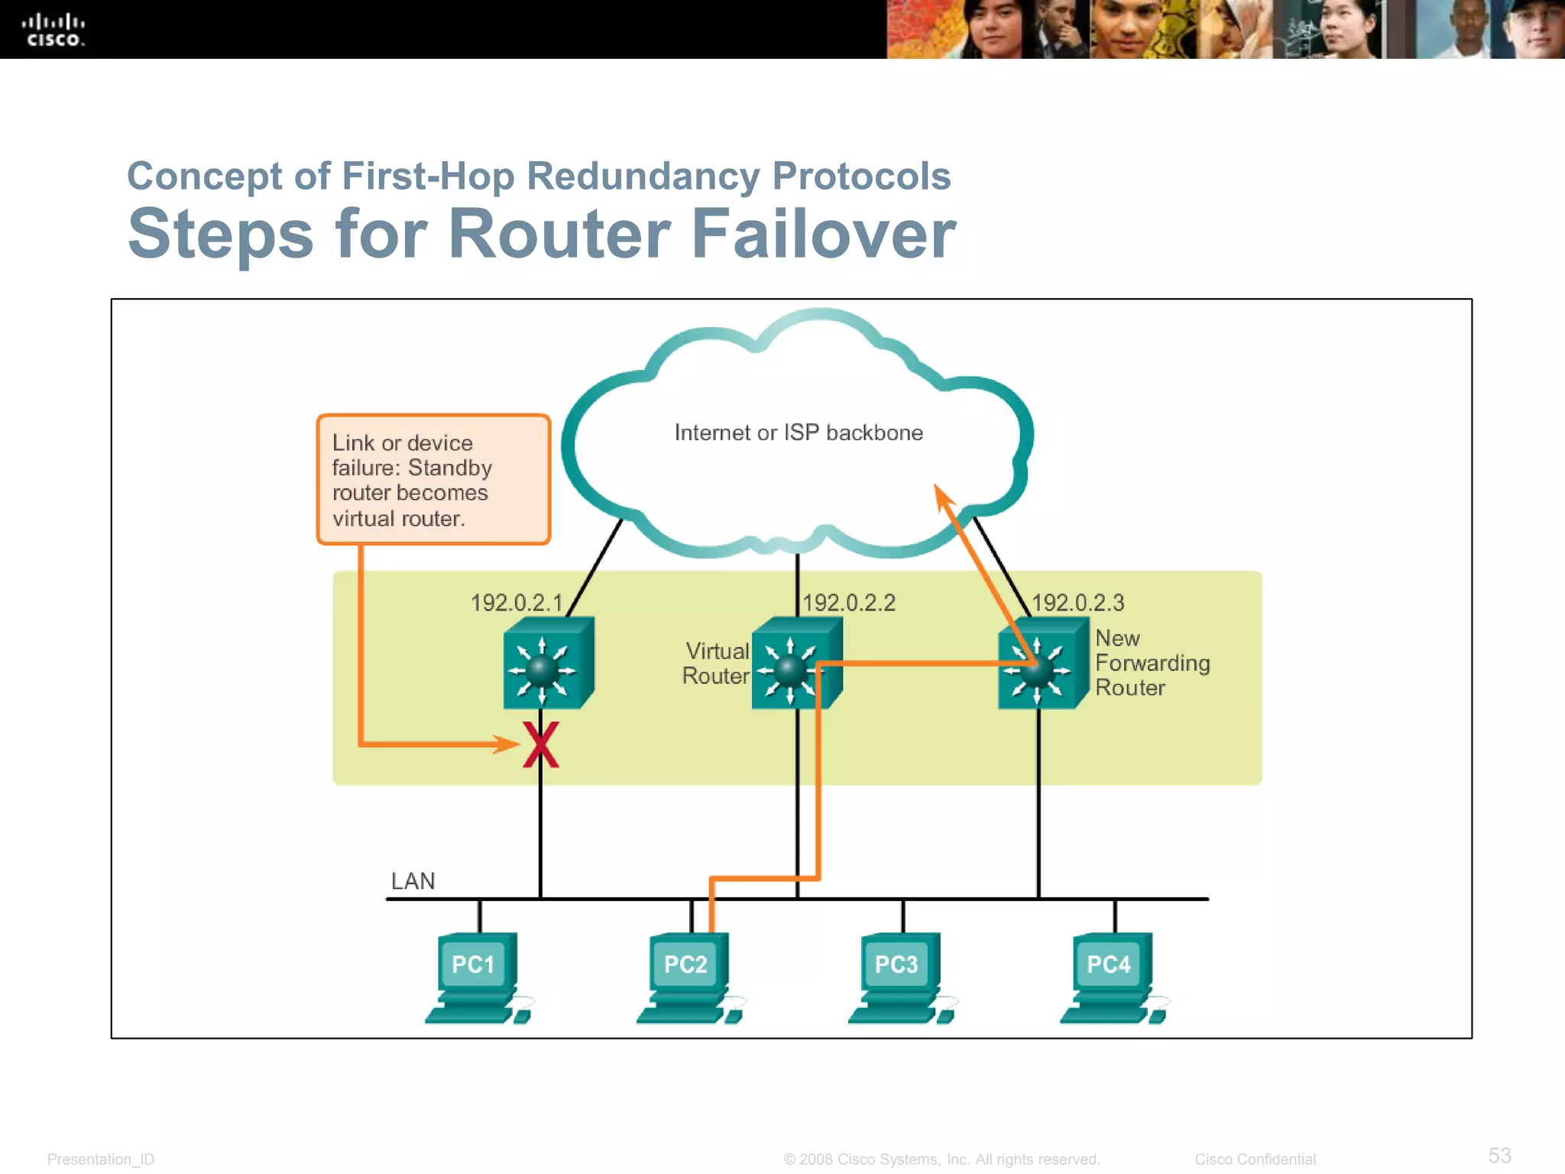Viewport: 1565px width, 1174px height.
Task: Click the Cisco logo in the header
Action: pos(53,30)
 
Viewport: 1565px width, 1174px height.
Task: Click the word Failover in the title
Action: pos(823,234)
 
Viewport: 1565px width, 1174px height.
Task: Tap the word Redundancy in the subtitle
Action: pos(643,176)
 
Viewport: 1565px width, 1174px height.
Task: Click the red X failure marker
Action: pos(541,745)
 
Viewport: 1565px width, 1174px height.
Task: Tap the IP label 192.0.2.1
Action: pos(516,603)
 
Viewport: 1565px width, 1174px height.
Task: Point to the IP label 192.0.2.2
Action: pos(848,603)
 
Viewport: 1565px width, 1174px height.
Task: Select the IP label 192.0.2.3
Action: pos(1077,603)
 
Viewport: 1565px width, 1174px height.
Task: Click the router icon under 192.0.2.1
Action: pos(547,663)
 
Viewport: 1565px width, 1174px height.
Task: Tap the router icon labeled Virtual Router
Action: pos(795,663)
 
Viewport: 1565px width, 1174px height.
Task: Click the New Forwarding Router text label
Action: pos(1151,663)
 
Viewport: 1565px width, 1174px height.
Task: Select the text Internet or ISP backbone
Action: pos(798,433)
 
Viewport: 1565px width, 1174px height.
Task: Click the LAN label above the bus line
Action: pos(413,881)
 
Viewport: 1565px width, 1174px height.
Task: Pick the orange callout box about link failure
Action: pos(433,479)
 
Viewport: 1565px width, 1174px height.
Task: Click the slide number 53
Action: pos(1499,1155)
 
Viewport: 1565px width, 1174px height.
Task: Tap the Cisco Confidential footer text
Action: pos(1255,1159)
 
